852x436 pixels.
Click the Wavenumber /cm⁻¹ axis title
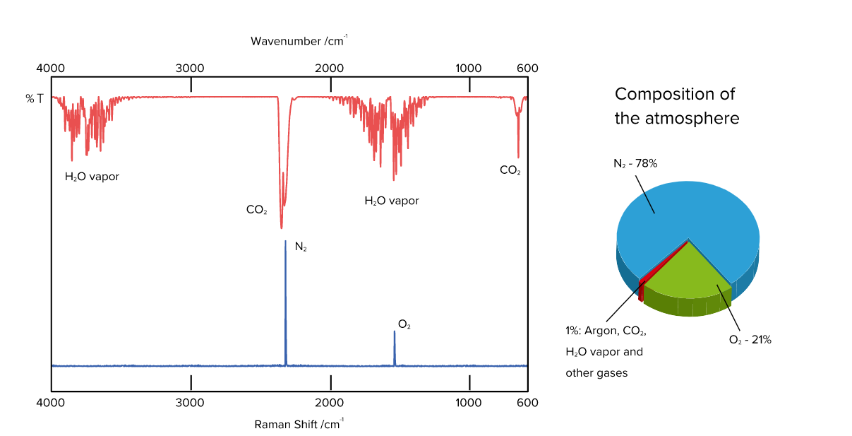(299, 41)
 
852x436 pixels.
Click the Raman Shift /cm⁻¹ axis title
(299, 424)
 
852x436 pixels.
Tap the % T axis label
(35, 99)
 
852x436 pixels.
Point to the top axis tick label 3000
(190, 68)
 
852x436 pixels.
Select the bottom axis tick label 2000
(330, 403)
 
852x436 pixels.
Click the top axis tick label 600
(527, 68)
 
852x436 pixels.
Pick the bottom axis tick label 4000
(51, 403)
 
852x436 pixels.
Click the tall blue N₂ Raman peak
(286, 302)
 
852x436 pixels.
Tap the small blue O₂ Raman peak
(395, 348)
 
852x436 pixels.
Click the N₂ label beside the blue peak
(301, 247)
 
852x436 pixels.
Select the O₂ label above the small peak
(404, 324)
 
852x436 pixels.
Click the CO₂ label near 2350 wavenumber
(257, 209)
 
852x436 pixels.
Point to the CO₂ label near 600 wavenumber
(510, 170)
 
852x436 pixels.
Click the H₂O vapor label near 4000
(92, 176)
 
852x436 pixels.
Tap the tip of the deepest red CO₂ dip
(282, 228)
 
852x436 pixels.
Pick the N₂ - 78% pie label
(635, 163)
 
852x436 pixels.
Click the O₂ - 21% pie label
(750, 340)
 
